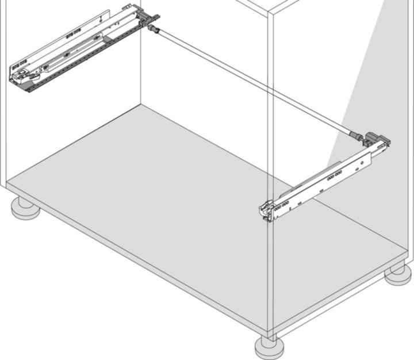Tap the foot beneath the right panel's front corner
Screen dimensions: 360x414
[x=270, y=347]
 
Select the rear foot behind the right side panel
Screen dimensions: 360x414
[x=398, y=274]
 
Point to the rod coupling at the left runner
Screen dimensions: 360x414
[x=154, y=27]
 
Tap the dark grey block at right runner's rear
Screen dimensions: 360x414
[x=379, y=140]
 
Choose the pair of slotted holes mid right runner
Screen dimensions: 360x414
[x=333, y=179]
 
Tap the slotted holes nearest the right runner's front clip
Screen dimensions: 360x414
[x=283, y=204]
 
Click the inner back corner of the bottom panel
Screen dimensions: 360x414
[x=141, y=105]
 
